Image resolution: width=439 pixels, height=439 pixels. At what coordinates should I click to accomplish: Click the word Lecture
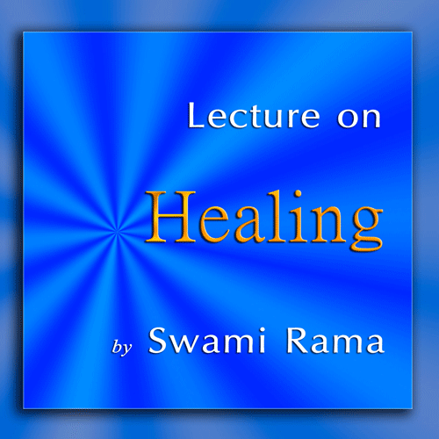pyautogui.click(x=254, y=115)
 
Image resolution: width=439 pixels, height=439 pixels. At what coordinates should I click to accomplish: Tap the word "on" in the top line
pyautogui.click(x=359, y=118)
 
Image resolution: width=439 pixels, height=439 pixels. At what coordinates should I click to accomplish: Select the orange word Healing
pyautogui.click(x=264, y=220)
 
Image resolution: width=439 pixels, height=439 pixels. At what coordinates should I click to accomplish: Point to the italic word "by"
pyautogui.click(x=122, y=348)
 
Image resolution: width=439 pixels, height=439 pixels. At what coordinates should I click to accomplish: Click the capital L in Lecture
pyautogui.click(x=198, y=115)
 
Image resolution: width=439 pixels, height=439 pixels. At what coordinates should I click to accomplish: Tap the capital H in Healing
pyautogui.click(x=170, y=217)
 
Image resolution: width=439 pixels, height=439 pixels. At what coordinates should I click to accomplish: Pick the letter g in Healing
pyautogui.click(x=366, y=228)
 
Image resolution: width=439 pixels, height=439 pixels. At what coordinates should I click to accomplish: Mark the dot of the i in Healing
pyautogui.click(x=299, y=194)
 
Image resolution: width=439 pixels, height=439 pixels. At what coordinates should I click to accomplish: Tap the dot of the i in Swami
pyautogui.click(x=262, y=329)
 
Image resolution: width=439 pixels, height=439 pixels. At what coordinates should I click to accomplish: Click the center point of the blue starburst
pyautogui.click(x=117, y=232)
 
